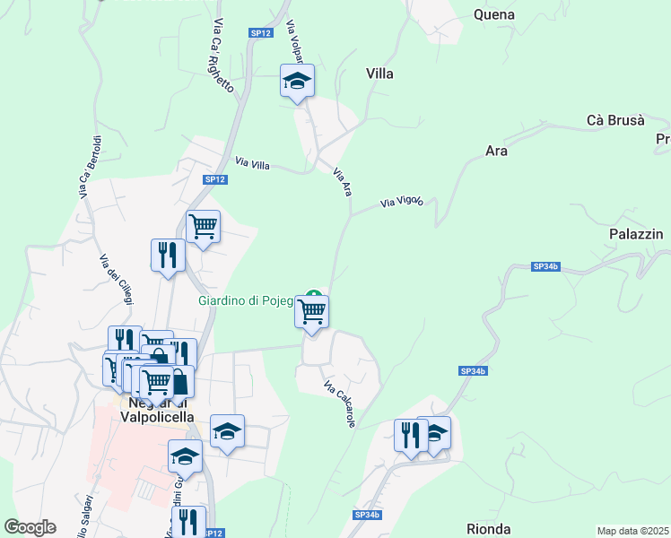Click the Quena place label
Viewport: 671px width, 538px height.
(x=493, y=14)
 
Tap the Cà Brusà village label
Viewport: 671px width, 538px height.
(x=615, y=120)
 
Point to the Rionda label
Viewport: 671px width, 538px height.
(x=489, y=529)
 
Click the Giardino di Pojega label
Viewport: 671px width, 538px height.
(x=246, y=301)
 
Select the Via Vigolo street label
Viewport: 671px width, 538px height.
(x=401, y=203)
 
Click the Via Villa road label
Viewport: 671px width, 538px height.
(x=252, y=163)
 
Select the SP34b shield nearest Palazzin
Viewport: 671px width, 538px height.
(x=545, y=266)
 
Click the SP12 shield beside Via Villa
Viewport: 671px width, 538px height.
(x=214, y=179)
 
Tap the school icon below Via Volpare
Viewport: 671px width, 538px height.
(x=297, y=82)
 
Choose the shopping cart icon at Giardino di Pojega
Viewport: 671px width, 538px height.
(x=312, y=312)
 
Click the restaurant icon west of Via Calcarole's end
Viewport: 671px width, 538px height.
(x=409, y=436)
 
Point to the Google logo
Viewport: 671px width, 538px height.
(x=30, y=527)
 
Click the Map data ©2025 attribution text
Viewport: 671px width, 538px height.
(x=633, y=531)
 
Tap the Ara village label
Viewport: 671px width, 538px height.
(x=496, y=151)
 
